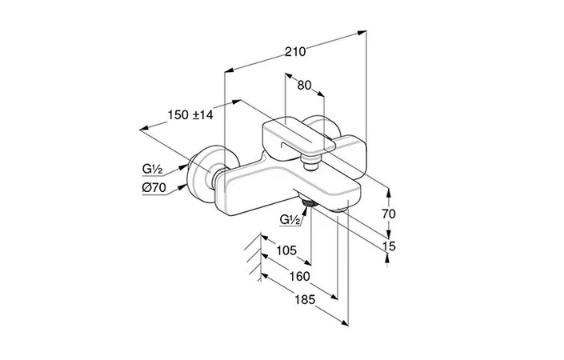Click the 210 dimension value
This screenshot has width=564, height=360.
pos(295,52)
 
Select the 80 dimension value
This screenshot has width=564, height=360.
pos(304,86)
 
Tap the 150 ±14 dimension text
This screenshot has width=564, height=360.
pos(190,114)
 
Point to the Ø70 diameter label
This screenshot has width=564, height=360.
pos(154,187)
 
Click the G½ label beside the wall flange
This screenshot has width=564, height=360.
pos(153,168)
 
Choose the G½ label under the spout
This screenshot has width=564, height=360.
pos(290,219)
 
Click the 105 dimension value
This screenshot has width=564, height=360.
pos(286,250)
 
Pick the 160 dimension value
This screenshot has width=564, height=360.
pos(300,276)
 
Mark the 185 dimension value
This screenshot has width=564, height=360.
pos(305,299)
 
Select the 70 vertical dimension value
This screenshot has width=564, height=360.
pos(389,214)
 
